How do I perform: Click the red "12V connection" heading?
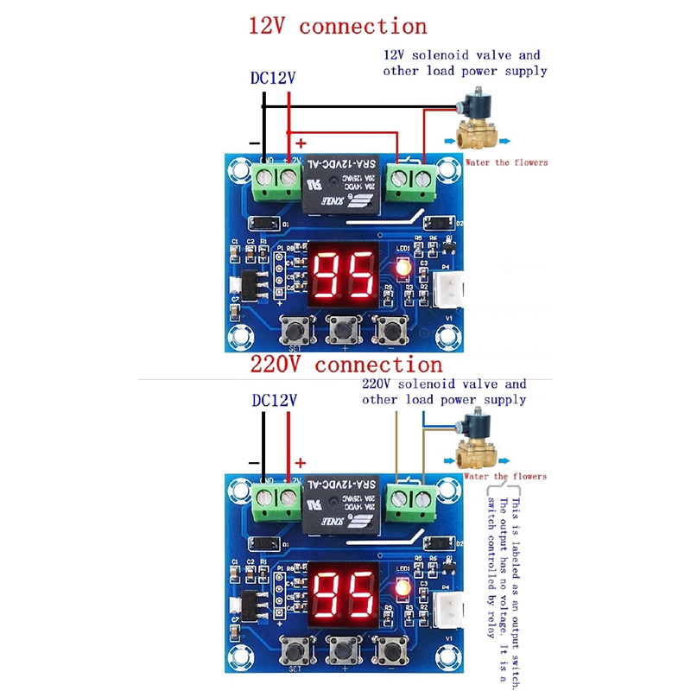[337, 26]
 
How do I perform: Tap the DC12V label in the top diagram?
[273, 78]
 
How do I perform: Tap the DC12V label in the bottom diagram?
[274, 401]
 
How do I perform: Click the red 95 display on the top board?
[343, 274]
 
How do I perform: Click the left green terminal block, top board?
[276, 181]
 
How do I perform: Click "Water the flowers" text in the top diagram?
[506, 162]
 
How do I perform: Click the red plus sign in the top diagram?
[301, 142]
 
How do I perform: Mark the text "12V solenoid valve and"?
[462, 55]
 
